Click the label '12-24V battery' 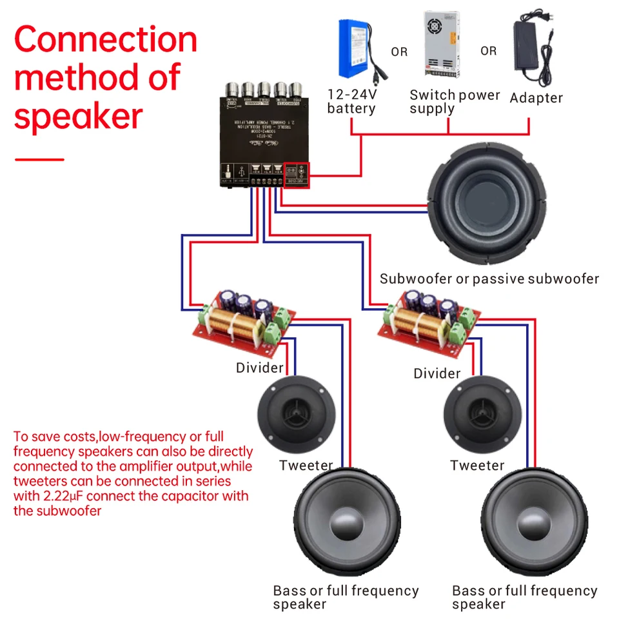click(x=351, y=101)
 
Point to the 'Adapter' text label click(x=536, y=98)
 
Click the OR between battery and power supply click(x=399, y=52)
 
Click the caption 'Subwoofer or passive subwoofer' click(x=489, y=279)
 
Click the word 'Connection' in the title click(x=105, y=40)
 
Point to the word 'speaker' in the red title click(x=77, y=117)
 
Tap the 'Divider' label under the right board click(x=437, y=374)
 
